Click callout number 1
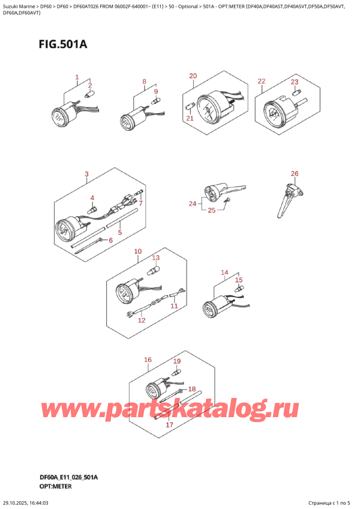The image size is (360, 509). pyautogui.click(x=77, y=77)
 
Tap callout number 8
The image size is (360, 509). pyautogui.click(x=144, y=82)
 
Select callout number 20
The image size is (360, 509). pyautogui.click(x=193, y=76)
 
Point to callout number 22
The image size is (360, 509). pyautogui.click(x=261, y=81)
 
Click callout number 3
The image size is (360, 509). pyautogui.click(x=86, y=175)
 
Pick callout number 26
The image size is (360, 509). pyautogui.click(x=294, y=174)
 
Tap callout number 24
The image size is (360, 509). pyautogui.click(x=191, y=204)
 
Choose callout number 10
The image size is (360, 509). pyautogui.click(x=137, y=251)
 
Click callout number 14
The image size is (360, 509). pyautogui.click(x=225, y=272)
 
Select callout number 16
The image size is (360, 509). pyautogui.click(x=148, y=360)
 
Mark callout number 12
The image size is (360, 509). pyautogui.click(x=142, y=321)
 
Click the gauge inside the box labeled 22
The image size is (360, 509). pyautogui.click(x=275, y=112)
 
